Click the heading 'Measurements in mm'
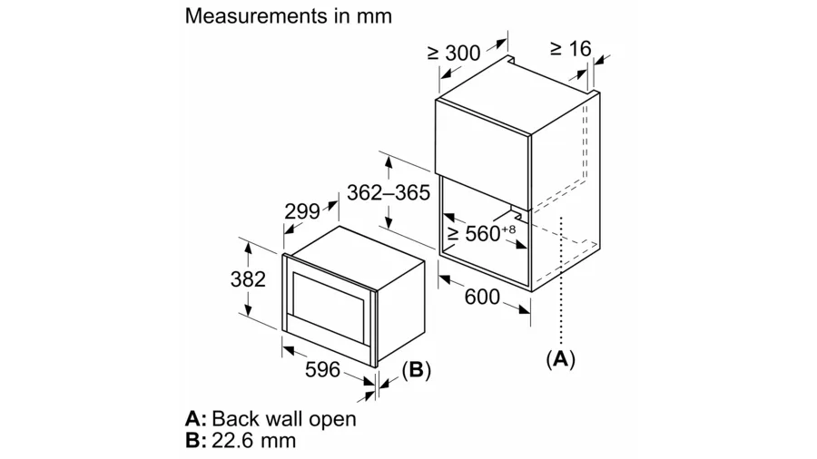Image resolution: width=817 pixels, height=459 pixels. (289, 15)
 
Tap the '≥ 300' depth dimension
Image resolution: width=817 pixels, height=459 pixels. (454, 54)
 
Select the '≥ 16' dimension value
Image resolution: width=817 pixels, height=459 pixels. (569, 48)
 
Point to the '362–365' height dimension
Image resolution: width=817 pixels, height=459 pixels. (388, 191)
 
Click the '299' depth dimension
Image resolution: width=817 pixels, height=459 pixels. (302, 211)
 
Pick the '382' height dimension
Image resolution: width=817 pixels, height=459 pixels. (247, 279)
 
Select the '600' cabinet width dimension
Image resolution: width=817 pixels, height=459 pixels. (483, 297)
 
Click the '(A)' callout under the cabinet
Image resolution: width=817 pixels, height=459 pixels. (560, 359)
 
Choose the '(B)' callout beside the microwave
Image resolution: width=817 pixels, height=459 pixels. (416, 369)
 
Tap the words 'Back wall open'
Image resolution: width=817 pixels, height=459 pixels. (284, 419)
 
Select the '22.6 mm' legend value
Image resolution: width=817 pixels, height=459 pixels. (253, 441)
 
